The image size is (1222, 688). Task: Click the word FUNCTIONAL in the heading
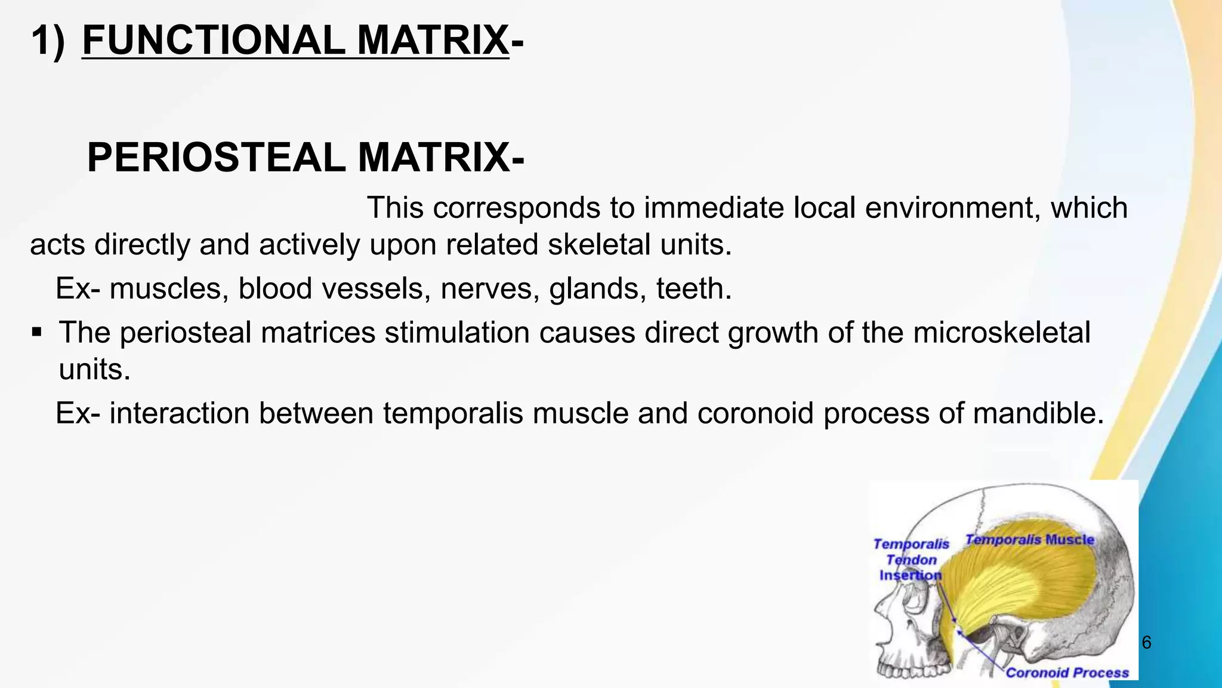212,41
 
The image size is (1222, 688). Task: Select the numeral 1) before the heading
48,41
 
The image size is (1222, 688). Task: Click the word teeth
693,289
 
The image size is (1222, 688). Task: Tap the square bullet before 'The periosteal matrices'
37,331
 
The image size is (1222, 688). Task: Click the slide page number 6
1146,643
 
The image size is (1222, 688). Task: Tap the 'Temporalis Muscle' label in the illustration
1030,540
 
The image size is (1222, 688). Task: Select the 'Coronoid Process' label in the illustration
1067,673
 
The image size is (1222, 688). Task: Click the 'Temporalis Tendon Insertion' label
911,560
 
